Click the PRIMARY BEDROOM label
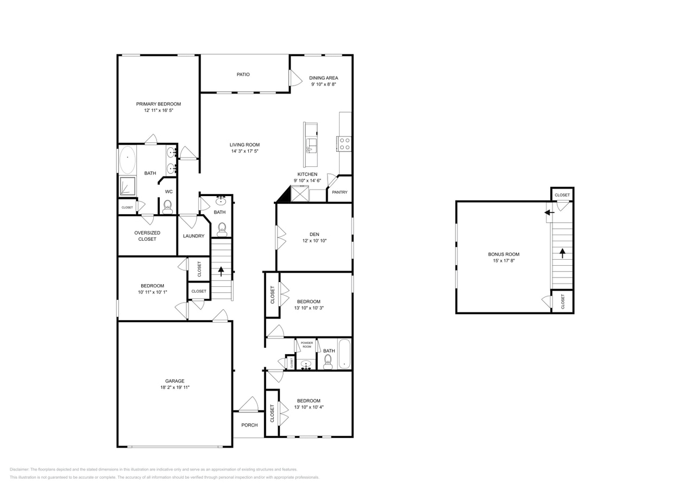(158, 104)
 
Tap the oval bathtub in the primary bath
(127, 160)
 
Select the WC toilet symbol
(167, 206)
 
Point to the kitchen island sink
(311, 145)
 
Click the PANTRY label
(340, 192)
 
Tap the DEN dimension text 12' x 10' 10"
(314, 241)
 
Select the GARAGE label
(175, 381)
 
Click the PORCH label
(249, 425)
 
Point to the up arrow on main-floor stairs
(221, 271)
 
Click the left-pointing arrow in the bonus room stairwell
(550, 212)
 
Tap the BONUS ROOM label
(504, 254)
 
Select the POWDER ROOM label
(307, 344)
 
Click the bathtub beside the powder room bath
(344, 354)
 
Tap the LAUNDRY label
(193, 236)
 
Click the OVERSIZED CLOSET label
(147, 236)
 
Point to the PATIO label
(243, 74)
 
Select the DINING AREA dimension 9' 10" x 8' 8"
(324, 84)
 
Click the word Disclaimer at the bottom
(19, 469)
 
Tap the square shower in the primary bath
(128, 186)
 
